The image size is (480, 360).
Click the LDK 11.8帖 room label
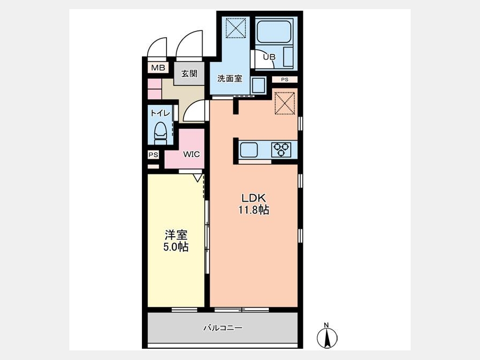(254, 204)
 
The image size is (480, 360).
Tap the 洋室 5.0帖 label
(175, 241)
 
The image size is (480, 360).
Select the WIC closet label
(191, 154)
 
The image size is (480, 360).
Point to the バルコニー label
(223, 328)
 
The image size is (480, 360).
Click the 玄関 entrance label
(189, 74)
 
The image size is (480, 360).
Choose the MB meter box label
(158, 68)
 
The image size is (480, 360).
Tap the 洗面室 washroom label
(229, 79)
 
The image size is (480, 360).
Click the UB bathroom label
(269, 57)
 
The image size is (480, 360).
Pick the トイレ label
(160, 113)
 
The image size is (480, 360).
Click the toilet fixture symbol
(161, 133)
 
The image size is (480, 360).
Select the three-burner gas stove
(281, 150)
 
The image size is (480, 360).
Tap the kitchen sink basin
(249, 150)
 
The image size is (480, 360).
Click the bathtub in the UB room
(274, 32)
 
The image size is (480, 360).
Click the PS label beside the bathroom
(285, 79)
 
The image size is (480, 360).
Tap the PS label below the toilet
(154, 155)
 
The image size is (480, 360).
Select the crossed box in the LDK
(285, 103)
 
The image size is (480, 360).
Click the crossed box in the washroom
(236, 28)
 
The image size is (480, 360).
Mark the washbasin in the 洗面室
(259, 85)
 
